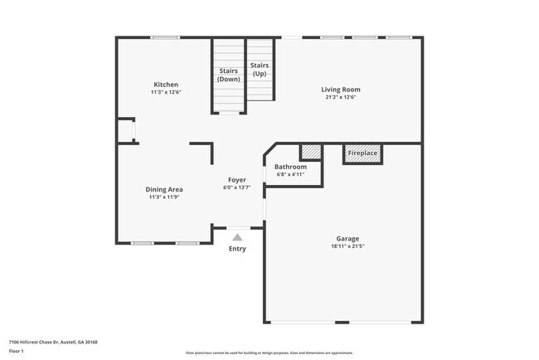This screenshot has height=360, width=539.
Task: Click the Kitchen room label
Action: coord(166,85)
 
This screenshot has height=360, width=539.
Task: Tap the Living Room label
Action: coord(341,90)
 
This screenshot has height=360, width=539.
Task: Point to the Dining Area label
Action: coord(164,190)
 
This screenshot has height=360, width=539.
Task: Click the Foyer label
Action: coord(238,180)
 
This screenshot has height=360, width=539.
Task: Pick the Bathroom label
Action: coord(290,168)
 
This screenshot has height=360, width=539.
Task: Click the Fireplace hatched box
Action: coord(362,153)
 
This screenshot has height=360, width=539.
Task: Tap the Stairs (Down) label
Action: coord(229,75)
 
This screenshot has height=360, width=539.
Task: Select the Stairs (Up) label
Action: coord(260,69)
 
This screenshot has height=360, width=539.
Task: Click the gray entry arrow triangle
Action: coord(237,237)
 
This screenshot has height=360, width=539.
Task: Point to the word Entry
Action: coord(237,249)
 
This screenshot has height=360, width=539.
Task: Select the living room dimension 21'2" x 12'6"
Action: coord(341,97)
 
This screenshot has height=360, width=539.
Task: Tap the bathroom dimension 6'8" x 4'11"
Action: coord(290,175)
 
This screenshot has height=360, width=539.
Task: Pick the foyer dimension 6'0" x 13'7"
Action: coord(238,187)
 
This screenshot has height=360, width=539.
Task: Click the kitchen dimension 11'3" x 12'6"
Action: coord(166,92)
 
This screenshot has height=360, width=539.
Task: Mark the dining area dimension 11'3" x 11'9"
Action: coord(164,197)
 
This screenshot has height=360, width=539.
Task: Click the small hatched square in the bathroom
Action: coord(310,152)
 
